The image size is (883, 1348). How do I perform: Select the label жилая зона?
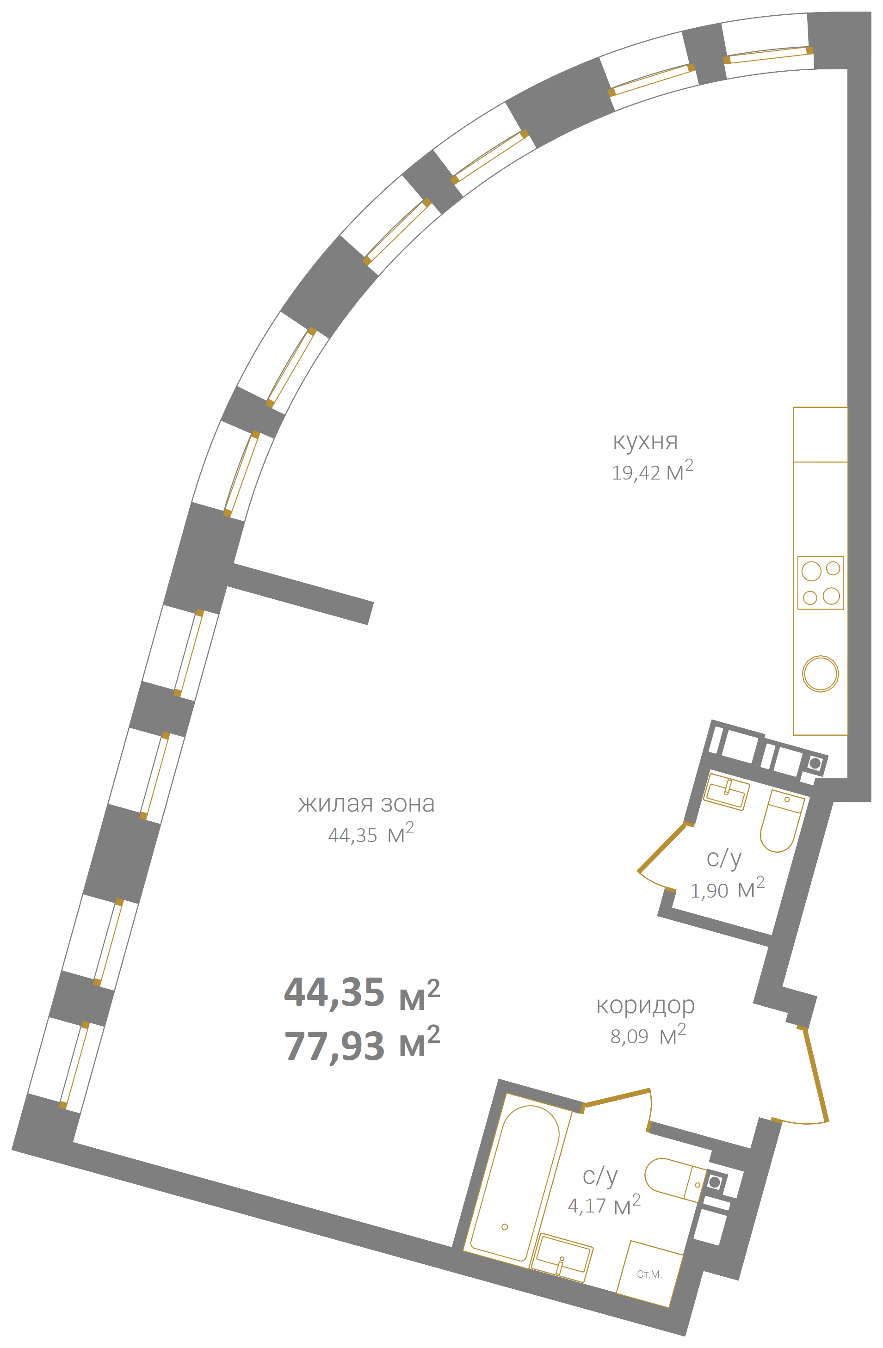(366, 804)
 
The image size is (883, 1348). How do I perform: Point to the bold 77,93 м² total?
(362, 1045)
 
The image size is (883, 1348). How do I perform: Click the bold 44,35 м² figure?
(362, 993)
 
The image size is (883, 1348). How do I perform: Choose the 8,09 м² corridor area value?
(648, 1035)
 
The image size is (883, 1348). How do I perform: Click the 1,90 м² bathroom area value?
(727, 890)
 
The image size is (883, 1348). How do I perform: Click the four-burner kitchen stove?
(820, 583)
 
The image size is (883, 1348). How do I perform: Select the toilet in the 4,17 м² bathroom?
(676, 1180)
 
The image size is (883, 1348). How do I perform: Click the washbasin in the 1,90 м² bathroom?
(727, 792)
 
